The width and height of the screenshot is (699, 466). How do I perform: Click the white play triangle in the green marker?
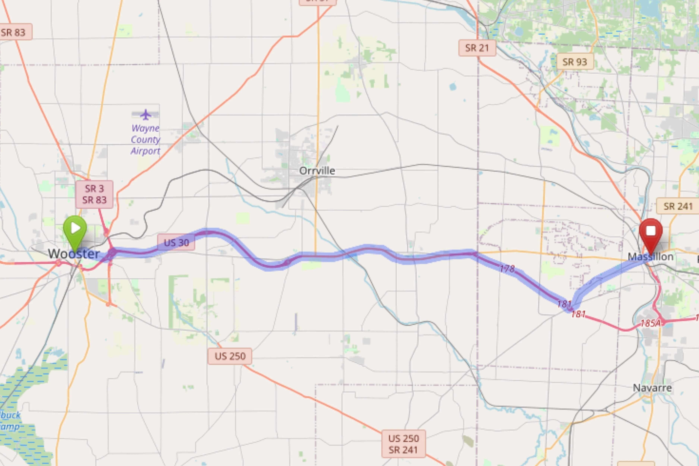coord(75,228)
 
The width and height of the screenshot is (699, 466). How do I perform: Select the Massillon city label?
coord(651,256)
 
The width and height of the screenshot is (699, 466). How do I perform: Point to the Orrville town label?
coord(317,171)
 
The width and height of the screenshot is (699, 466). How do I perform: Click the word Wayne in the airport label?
coord(145,128)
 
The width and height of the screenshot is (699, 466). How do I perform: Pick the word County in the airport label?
coord(145,139)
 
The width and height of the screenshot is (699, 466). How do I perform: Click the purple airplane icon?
coord(145,114)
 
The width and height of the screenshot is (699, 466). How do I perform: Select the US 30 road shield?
coord(176,243)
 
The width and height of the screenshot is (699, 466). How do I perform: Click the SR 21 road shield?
coord(477,48)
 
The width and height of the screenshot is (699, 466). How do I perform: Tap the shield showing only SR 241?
coord(678,206)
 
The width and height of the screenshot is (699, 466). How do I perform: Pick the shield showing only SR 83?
coord(13,32)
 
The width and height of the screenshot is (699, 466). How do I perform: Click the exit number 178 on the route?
coord(507,269)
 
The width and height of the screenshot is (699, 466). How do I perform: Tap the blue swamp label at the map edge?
coord(10,421)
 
